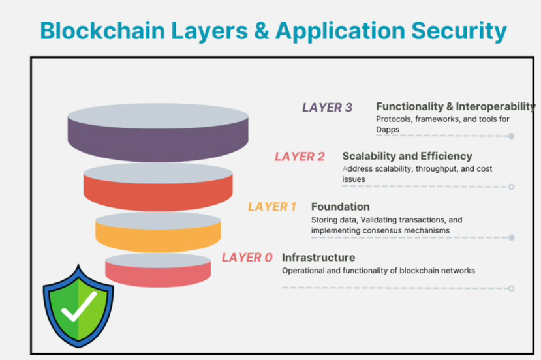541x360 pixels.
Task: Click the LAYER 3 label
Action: (x=328, y=108)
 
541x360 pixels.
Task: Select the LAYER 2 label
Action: (x=300, y=157)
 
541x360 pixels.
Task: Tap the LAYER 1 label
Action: (x=272, y=207)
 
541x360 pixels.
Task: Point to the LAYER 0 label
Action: (x=247, y=258)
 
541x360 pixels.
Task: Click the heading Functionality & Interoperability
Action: (x=456, y=106)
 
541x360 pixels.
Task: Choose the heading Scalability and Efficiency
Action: (x=407, y=157)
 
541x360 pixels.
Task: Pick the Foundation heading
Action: (x=340, y=207)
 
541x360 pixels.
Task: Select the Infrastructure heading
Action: (x=318, y=257)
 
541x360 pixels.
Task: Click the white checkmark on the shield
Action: (x=78, y=306)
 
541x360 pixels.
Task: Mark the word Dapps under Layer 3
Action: (x=388, y=130)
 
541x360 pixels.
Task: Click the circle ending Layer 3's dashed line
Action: (x=512, y=136)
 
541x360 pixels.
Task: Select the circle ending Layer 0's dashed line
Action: (x=512, y=288)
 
